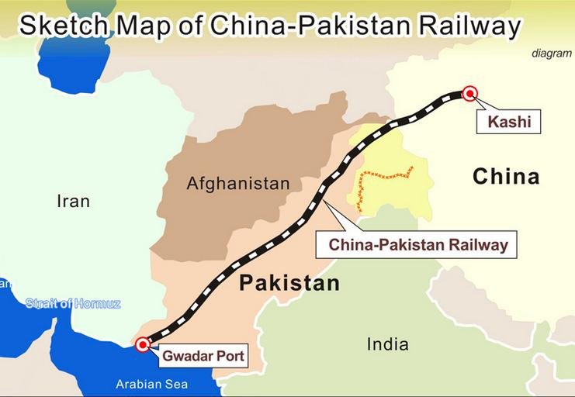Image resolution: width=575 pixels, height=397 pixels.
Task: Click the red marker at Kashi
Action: (x=469, y=94)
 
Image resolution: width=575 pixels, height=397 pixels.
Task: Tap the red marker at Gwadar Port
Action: (x=142, y=344)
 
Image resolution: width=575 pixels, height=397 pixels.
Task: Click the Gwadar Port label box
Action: (x=203, y=357)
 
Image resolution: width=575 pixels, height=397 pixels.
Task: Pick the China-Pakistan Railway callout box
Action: (x=418, y=245)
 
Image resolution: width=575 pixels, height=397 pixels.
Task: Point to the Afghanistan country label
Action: (x=237, y=184)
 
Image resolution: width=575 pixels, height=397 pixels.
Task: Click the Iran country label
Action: (x=74, y=201)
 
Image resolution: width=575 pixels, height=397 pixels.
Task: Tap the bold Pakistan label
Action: (x=289, y=283)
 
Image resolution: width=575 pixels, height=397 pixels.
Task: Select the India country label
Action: (x=388, y=343)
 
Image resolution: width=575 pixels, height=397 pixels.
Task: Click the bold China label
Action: (x=506, y=177)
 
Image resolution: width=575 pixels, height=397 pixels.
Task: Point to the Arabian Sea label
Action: (x=151, y=384)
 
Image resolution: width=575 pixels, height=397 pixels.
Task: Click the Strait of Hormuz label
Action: (x=73, y=303)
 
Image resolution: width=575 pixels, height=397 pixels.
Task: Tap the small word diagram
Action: (x=551, y=54)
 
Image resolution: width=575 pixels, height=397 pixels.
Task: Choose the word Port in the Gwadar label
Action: (x=229, y=357)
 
